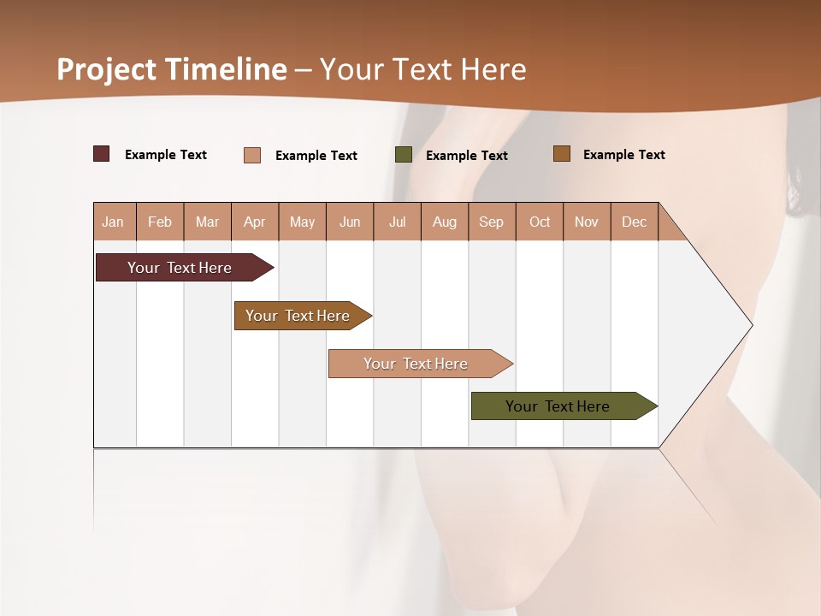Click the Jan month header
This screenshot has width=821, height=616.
114,222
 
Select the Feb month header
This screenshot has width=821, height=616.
160,222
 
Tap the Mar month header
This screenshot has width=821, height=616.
207,222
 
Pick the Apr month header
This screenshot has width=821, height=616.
255,222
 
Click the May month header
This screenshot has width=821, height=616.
302,222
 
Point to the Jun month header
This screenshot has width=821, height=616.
350,222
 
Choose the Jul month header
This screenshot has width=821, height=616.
397,222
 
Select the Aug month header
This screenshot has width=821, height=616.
445,222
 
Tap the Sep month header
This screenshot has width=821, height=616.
492,222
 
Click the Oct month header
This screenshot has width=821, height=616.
540,222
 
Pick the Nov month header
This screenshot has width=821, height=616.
587,222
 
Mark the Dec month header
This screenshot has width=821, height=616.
635,222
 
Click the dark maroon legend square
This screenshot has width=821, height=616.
102,154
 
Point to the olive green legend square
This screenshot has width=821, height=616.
404,155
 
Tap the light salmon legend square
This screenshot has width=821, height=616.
252,155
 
